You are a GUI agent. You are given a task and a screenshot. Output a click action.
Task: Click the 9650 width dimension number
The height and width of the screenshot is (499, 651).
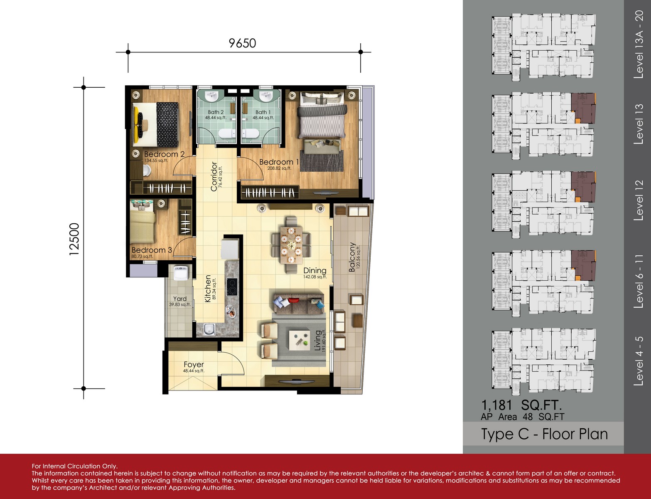coord(242,43)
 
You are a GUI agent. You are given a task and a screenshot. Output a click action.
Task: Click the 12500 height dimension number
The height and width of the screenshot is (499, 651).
coord(74,239)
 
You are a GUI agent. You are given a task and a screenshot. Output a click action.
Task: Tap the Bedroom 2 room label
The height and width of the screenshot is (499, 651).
coord(164,154)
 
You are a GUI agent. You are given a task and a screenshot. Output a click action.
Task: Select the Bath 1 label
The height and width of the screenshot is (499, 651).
coord(263,112)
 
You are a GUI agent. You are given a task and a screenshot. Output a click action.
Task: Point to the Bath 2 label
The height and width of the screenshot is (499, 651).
coord(216,112)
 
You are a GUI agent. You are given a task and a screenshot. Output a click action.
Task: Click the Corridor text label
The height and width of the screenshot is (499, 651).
coord(214,176)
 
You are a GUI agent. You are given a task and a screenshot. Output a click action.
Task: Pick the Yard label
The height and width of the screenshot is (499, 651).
coord(180,299)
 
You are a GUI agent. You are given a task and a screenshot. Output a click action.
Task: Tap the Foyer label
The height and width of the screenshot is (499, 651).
coord(194,364)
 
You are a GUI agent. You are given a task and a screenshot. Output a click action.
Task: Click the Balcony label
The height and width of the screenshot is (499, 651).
coord(352,257)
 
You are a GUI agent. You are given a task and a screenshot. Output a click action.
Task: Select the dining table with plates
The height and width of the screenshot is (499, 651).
coord(291,245)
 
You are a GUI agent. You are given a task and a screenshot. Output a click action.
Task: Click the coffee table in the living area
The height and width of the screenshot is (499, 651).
coord(299,340)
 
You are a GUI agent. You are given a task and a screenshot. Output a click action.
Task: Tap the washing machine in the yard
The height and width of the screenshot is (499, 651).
coord(181,273)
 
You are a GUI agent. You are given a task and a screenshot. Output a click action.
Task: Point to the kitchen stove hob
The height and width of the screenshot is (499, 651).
coord(232,287)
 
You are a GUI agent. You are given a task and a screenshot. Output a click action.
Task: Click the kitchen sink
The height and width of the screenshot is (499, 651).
coord(209,329)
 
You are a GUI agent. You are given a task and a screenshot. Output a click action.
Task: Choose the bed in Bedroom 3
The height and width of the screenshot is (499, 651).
coord(142,222)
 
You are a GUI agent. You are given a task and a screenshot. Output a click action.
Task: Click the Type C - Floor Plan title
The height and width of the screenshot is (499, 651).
coord(544,434)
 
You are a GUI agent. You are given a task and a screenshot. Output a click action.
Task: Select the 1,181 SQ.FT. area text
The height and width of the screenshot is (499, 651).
coord(521,405)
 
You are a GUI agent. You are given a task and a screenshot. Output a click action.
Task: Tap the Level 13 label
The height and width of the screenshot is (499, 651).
coord(639,124)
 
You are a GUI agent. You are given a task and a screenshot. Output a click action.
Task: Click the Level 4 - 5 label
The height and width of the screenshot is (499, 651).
coord(639,361)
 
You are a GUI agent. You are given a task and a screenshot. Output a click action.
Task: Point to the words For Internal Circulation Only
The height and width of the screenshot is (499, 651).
coord(75,466)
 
